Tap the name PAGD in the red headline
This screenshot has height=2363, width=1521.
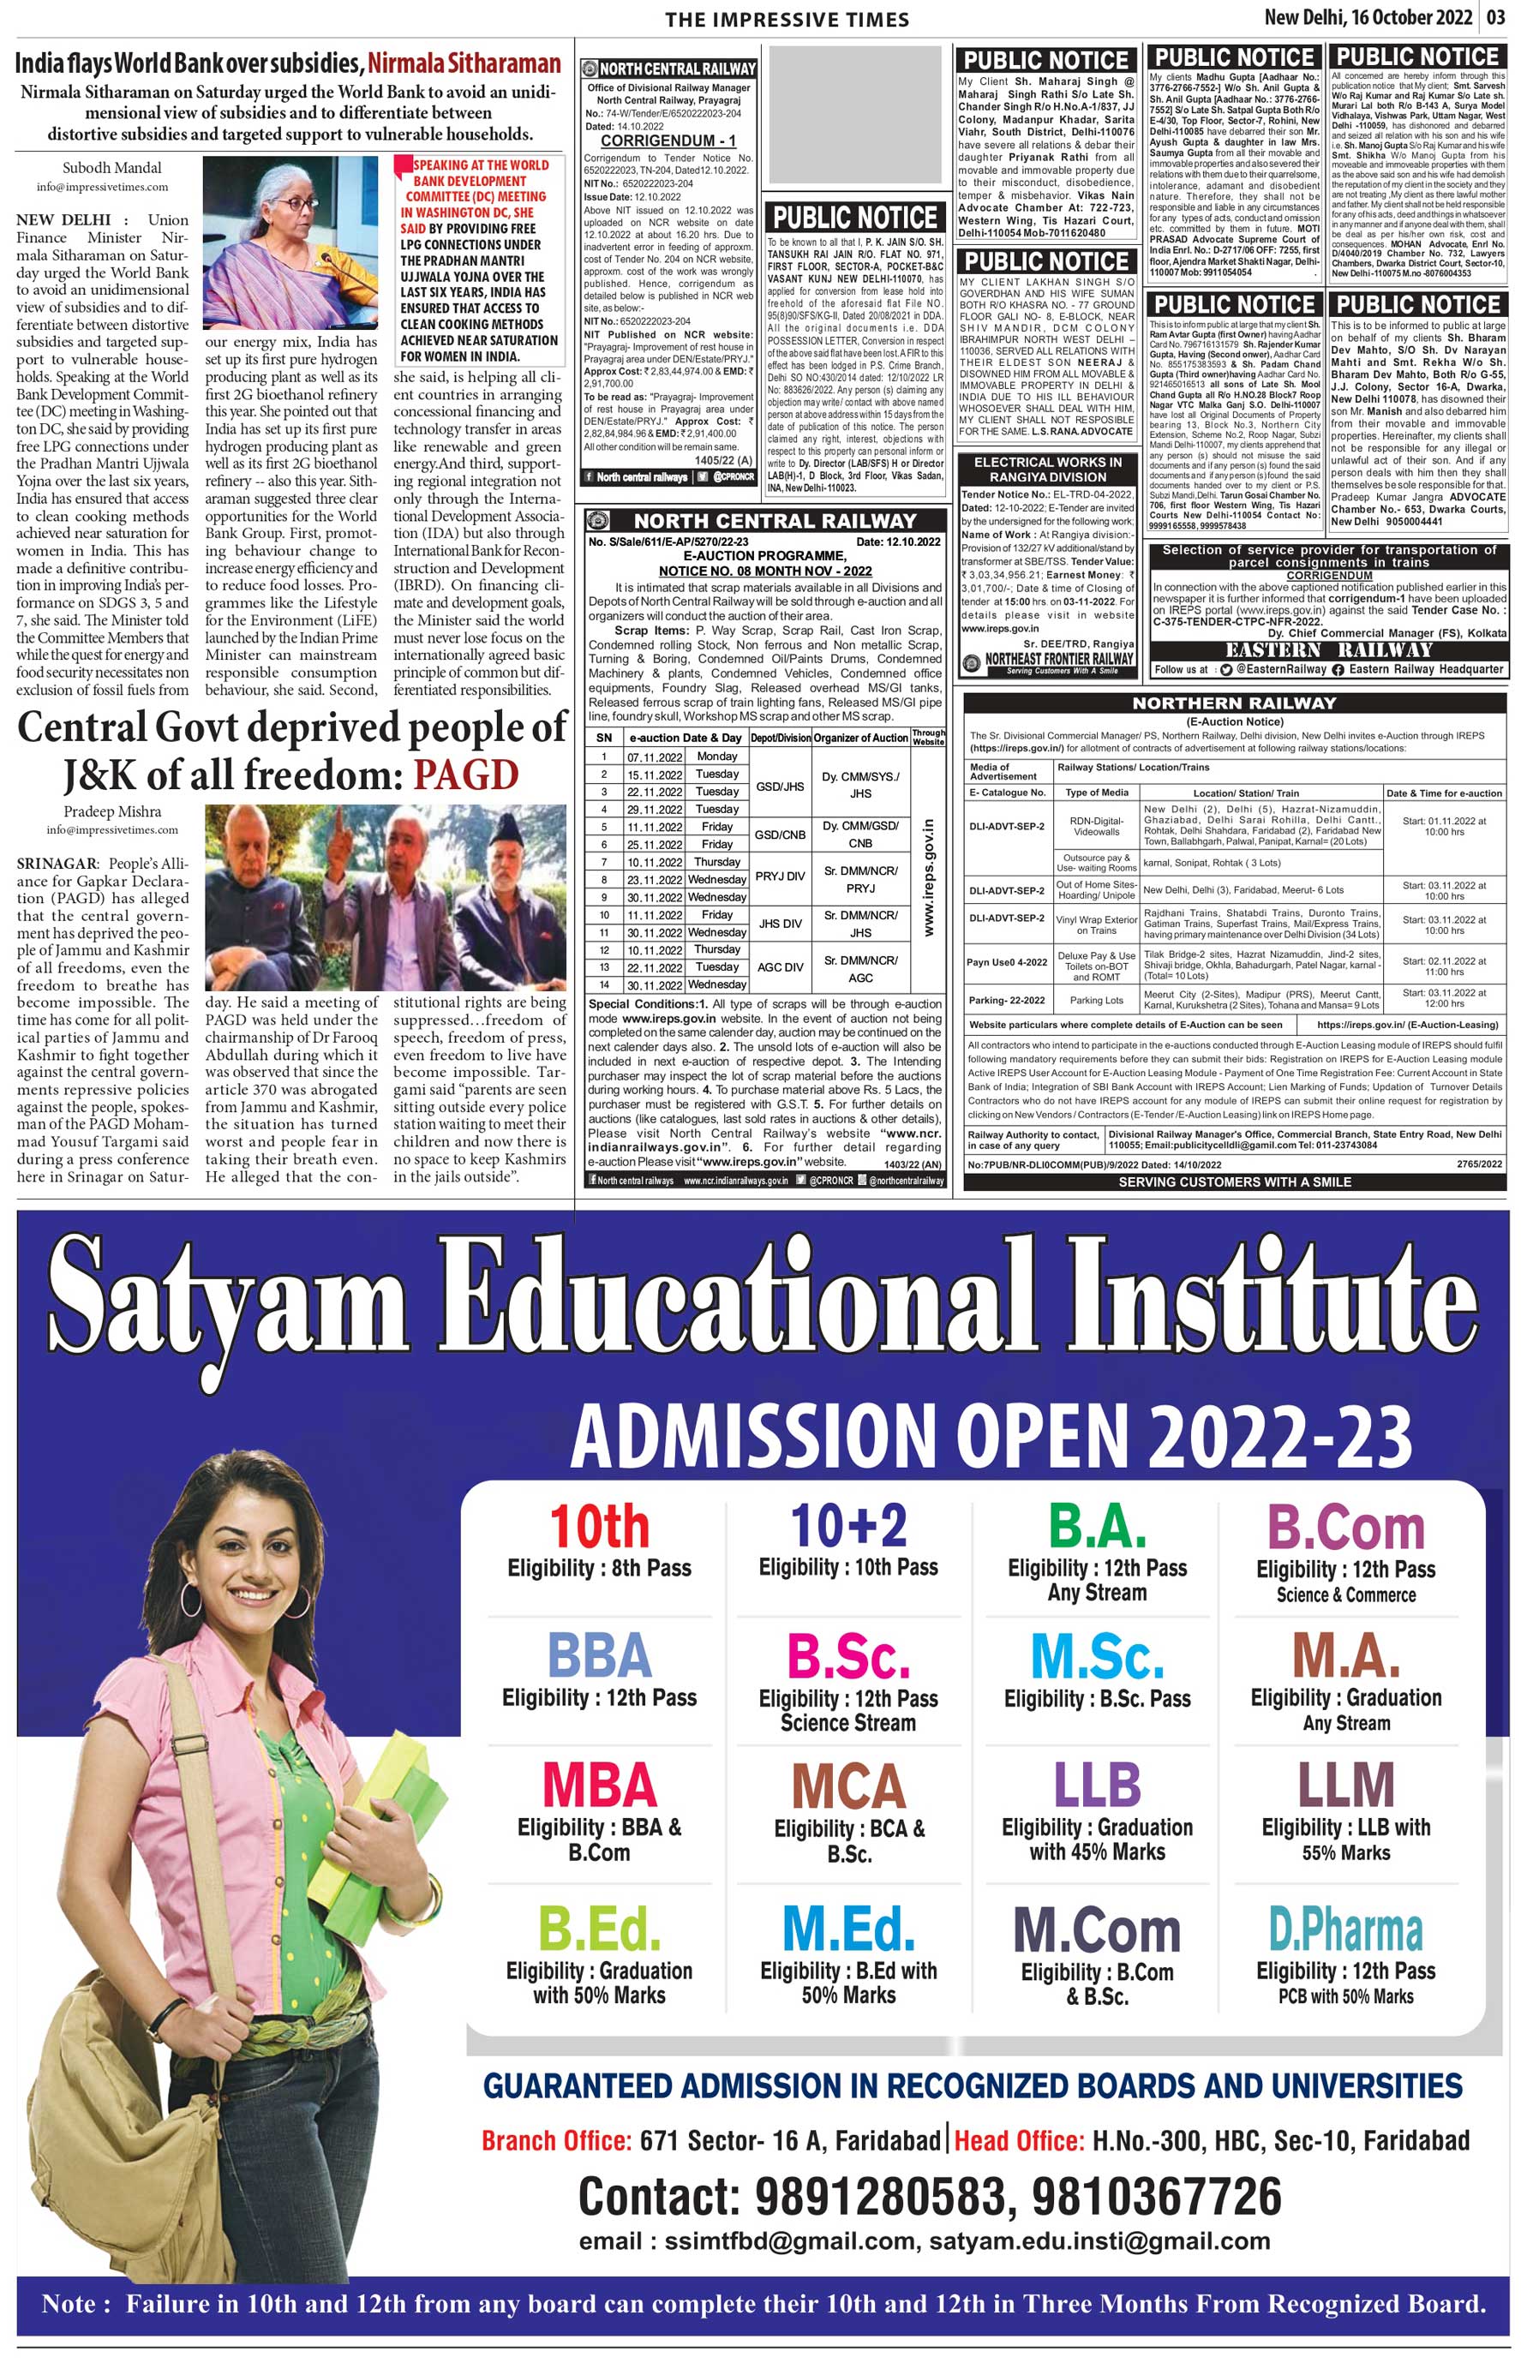465,775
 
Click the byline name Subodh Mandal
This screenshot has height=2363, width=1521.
111,168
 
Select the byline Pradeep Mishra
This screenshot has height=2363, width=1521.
111,811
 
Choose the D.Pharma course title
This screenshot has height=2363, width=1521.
1345,1931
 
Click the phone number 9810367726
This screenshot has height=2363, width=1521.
1157,2197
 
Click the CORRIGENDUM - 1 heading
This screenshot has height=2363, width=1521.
668,141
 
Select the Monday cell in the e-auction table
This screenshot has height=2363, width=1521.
717,757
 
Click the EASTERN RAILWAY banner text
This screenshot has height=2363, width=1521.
1328,649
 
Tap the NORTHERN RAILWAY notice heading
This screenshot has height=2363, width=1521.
1234,703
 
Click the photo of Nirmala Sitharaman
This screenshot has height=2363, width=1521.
290,243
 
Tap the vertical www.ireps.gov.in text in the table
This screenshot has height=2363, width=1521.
928,876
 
